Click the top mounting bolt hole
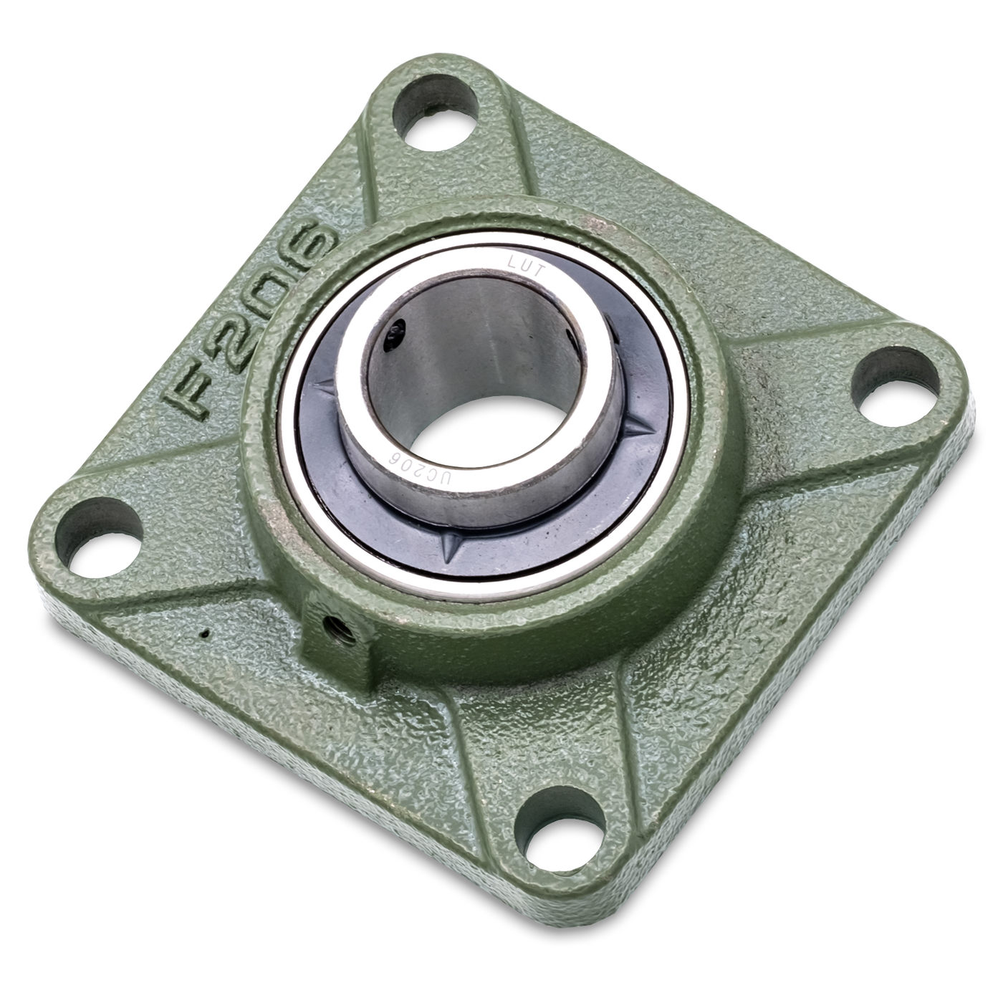(435, 111)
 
